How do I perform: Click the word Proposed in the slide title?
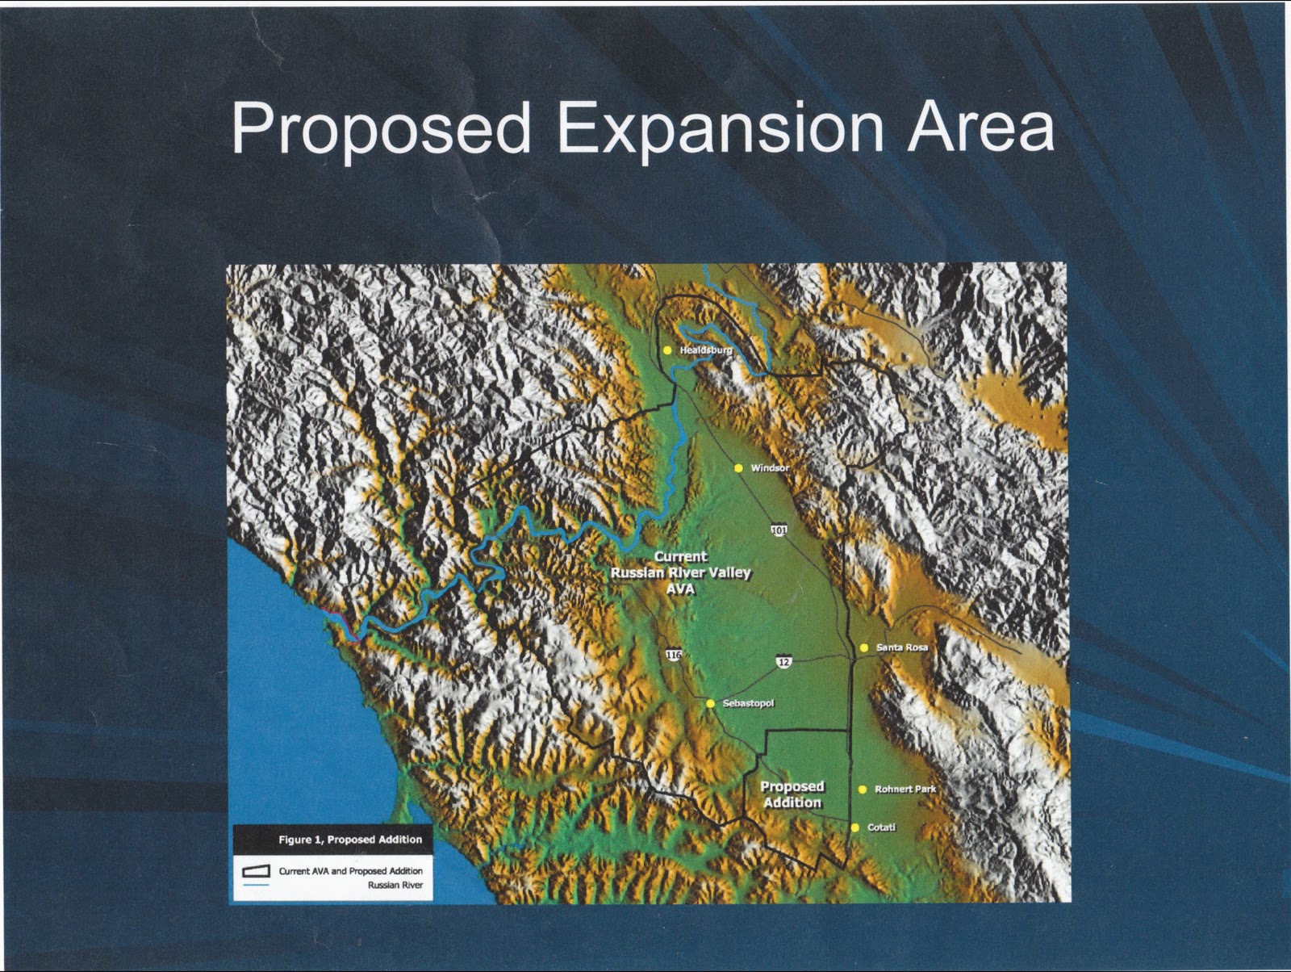point(381,129)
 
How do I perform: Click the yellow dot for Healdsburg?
point(667,350)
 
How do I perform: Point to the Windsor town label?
point(770,468)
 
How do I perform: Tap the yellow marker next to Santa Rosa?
point(864,647)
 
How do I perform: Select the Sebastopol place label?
point(748,704)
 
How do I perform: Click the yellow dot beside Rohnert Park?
point(863,790)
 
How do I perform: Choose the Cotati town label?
point(882,827)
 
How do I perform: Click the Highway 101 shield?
point(779,530)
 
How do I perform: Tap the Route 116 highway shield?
point(674,655)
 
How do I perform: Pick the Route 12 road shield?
point(784,662)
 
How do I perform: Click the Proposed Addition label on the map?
point(792,795)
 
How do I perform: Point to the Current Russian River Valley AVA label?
point(680,573)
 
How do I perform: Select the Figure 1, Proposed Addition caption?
point(350,840)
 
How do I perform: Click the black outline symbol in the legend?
point(256,871)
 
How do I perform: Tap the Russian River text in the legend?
point(395,885)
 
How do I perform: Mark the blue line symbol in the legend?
point(256,885)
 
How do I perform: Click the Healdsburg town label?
point(706,350)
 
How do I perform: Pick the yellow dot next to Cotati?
point(855,827)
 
